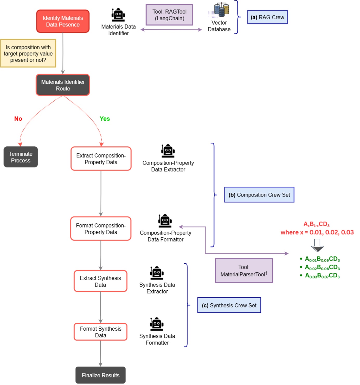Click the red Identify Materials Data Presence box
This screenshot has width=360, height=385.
point(63,21)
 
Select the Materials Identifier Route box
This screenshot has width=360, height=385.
point(63,85)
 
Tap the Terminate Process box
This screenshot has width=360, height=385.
point(21,157)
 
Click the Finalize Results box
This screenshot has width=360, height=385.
point(100,375)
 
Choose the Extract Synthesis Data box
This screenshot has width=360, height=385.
point(100,281)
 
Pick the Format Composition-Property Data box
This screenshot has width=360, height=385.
point(101,229)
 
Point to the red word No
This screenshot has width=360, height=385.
point(18,119)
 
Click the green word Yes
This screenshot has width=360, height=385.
point(105,119)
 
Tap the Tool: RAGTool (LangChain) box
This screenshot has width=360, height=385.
point(169,15)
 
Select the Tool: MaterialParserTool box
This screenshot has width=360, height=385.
point(244,271)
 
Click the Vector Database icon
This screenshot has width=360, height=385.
point(221,10)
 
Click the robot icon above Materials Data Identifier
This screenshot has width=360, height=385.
point(118,15)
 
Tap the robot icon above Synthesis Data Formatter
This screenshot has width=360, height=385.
point(157,324)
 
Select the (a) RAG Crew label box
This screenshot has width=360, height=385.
point(267,17)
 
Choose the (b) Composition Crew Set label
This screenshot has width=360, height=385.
point(259,195)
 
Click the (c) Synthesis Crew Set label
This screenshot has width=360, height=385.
point(229,305)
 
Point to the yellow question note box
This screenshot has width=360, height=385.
point(28,53)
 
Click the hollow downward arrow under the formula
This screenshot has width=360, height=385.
point(317,245)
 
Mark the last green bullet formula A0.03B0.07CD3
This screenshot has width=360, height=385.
point(322,276)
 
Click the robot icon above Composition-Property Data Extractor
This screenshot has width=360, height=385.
point(168,151)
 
